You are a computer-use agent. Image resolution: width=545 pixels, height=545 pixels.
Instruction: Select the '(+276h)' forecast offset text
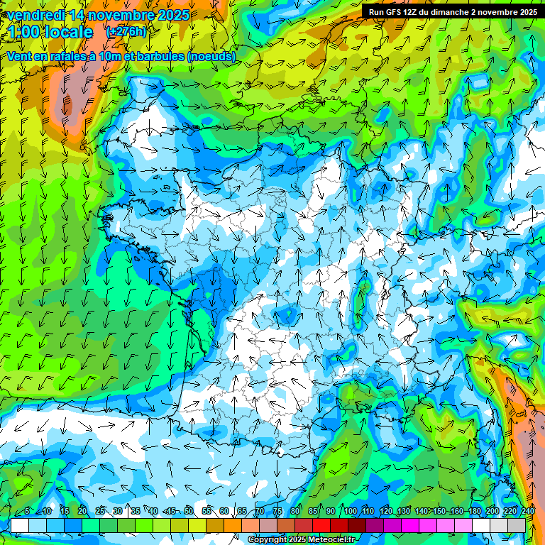click(126, 32)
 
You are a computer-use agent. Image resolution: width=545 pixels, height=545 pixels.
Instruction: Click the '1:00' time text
click(26, 32)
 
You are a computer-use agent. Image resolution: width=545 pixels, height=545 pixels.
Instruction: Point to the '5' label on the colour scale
click(27, 512)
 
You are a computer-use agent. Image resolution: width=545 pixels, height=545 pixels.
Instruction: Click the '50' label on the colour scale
click(189, 512)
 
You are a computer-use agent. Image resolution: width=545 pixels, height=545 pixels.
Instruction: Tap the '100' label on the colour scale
click(351, 512)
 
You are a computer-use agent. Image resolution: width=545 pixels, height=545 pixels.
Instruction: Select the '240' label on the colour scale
click(528, 512)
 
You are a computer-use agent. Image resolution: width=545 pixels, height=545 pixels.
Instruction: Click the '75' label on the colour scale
click(277, 512)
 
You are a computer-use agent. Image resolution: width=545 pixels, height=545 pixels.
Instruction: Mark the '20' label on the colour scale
click(82, 512)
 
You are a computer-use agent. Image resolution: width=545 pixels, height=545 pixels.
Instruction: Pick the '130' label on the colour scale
click(404, 512)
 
